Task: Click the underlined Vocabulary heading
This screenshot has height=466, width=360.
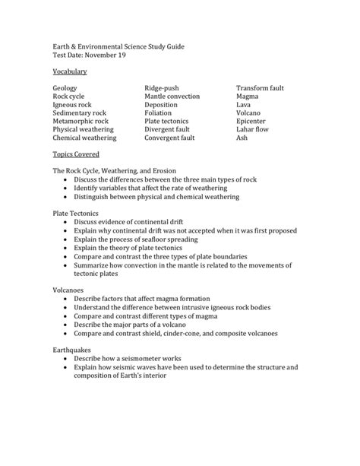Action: coord(70,71)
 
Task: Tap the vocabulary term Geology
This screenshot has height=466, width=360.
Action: coord(65,88)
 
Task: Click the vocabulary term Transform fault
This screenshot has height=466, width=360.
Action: coord(261,88)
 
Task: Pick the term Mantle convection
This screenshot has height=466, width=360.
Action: coord(172,97)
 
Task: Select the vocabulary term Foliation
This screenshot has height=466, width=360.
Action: coord(158,113)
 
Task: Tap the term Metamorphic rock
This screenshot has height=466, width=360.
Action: coord(81,121)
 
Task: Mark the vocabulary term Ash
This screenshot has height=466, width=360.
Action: coord(242,138)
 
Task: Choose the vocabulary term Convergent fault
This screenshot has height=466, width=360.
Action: coord(169,138)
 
